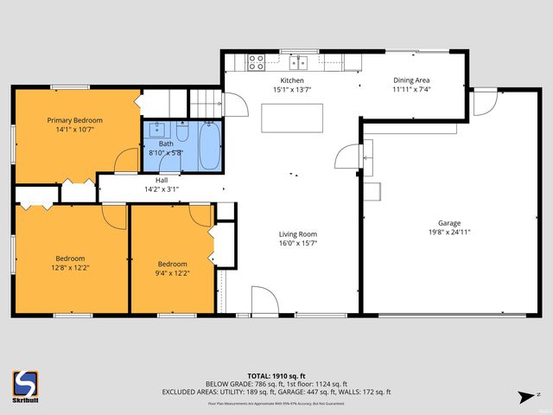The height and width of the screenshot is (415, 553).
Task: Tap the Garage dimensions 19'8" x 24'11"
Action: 448,232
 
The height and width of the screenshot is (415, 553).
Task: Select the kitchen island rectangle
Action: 293,118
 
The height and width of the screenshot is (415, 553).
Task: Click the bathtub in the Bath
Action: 209,147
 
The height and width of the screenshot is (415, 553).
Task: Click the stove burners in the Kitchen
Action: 257,62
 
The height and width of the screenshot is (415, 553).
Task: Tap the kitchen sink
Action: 300,62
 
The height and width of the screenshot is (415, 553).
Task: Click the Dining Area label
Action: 411,80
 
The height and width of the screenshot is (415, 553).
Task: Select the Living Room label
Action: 297,234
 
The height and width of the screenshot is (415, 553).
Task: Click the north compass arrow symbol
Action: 524,397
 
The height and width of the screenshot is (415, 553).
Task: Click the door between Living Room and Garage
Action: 350,156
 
